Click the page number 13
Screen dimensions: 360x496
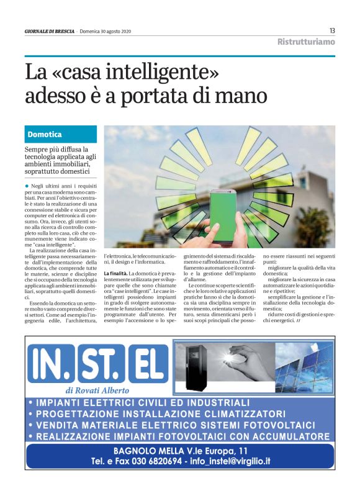(332, 30)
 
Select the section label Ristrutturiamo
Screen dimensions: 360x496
(305, 42)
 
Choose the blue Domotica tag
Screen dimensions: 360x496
(61, 134)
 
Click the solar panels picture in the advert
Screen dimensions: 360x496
(304, 366)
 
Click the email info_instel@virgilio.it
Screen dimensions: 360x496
(231, 461)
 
